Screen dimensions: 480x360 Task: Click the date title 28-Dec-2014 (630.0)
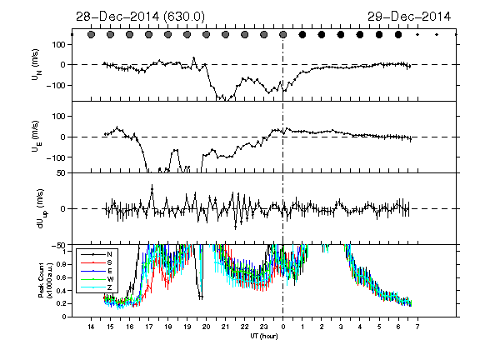(x=140, y=17)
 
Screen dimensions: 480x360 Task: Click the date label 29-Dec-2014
(x=409, y=17)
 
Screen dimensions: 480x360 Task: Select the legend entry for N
(x=97, y=254)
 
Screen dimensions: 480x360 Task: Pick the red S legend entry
(x=97, y=262)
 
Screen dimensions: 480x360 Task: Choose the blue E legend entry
(x=97, y=271)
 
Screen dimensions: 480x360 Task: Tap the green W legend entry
(x=97, y=279)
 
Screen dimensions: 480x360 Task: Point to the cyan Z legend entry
(x=97, y=287)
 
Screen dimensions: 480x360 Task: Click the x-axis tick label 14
(x=91, y=327)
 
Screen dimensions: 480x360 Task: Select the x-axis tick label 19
(x=187, y=327)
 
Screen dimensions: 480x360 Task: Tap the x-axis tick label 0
(x=283, y=327)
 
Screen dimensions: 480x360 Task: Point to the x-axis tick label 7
(x=417, y=327)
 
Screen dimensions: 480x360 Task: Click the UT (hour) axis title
(x=264, y=336)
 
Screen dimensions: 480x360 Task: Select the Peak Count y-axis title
(x=45, y=280)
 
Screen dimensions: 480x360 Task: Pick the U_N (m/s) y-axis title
(x=37, y=64)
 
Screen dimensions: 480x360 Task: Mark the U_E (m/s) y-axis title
(x=37, y=137)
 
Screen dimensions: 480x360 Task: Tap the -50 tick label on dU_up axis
(x=58, y=246)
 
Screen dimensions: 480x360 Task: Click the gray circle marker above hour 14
(x=91, y=35)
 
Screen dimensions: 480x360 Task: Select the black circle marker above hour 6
(x=398, y=35)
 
